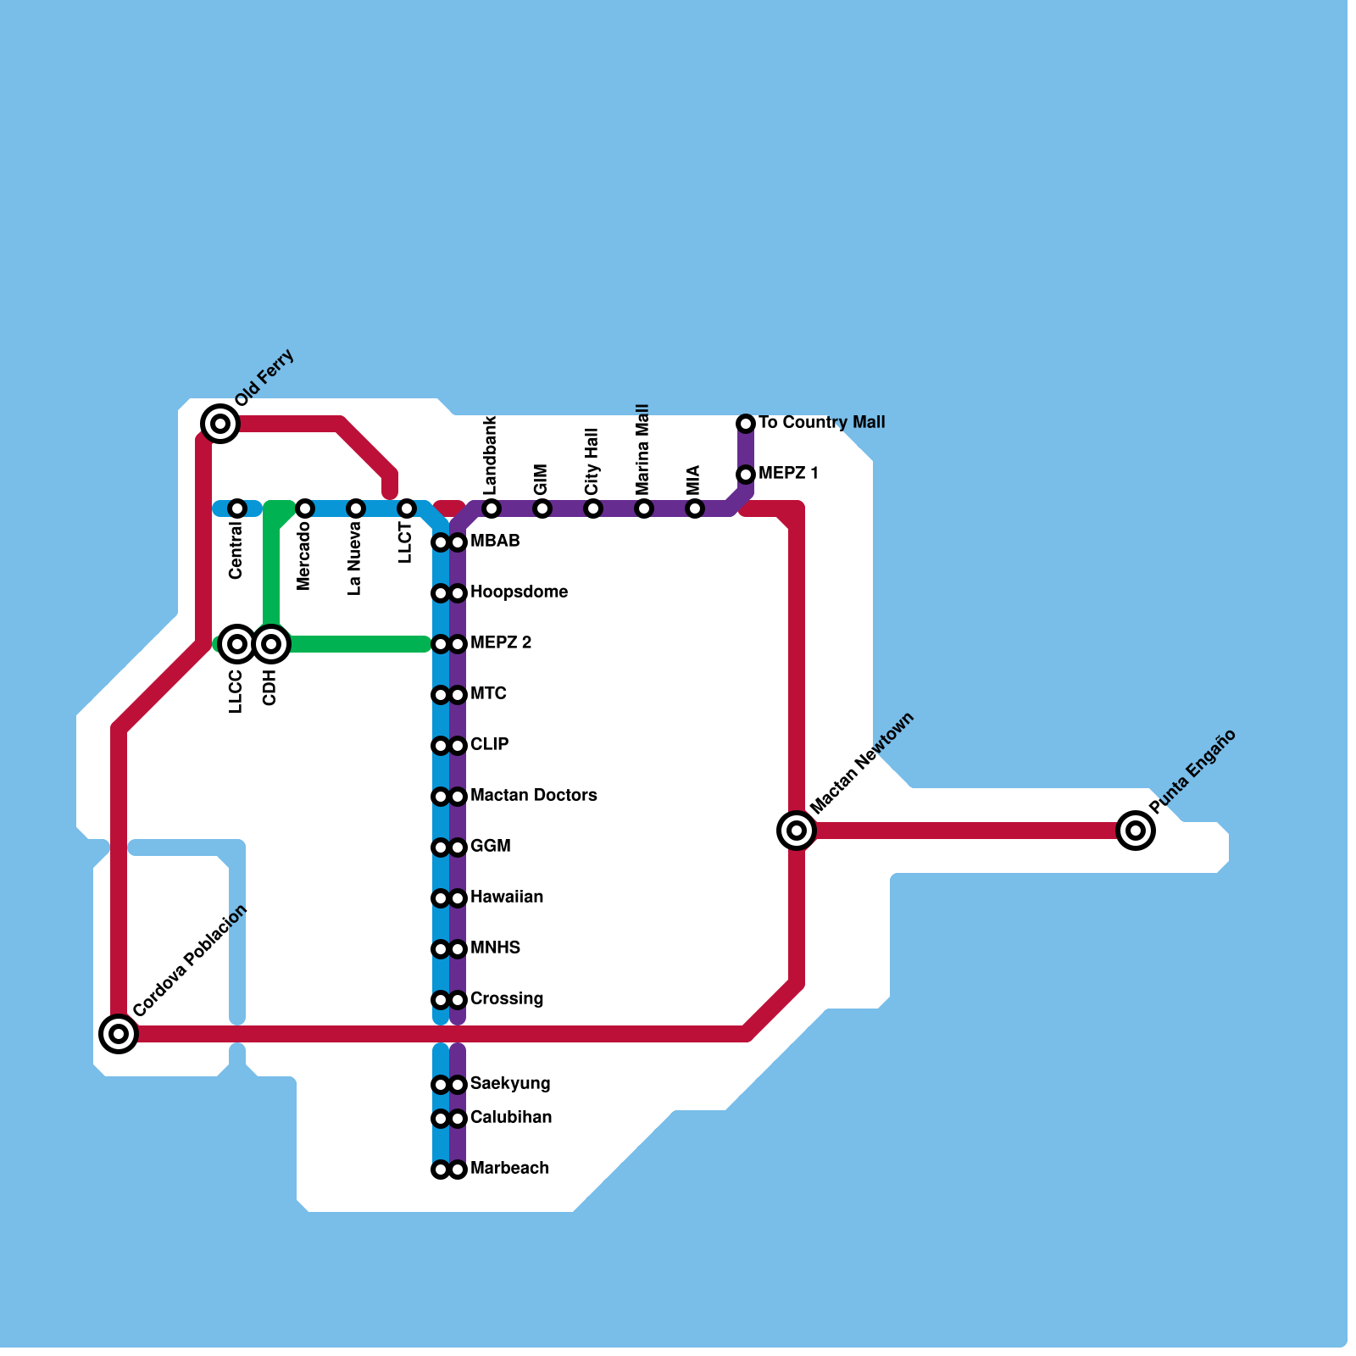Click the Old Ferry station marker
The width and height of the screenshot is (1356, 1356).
coord(220,423)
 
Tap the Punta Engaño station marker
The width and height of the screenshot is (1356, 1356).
coord(1136,831)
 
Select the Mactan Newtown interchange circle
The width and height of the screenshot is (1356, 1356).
coord(797,831)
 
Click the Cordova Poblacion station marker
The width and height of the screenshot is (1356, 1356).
coord(119,1034)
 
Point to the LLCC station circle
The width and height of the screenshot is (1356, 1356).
coord(237,644)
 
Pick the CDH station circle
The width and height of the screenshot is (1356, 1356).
coord(271,644)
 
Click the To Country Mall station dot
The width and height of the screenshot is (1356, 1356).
coord(746,423)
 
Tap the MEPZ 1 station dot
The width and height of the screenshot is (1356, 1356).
coord(746,474)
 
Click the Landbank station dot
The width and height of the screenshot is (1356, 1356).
coord(492,508)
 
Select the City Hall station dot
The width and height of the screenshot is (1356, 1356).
coord(593,508)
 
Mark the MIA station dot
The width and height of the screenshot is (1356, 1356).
coord(695,508)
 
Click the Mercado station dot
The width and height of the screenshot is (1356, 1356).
coord(305,508)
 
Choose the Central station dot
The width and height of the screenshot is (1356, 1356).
coord(237,508)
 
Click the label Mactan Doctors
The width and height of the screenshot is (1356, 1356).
coord(533,795)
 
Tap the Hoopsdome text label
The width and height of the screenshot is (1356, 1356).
coord(519,592)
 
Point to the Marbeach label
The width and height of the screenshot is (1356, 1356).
coord(508,1168)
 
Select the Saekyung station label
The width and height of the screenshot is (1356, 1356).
coord(509,1083)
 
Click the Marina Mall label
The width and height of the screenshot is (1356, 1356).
coord(642,449)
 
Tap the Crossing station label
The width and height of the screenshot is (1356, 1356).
coord(506,998)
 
